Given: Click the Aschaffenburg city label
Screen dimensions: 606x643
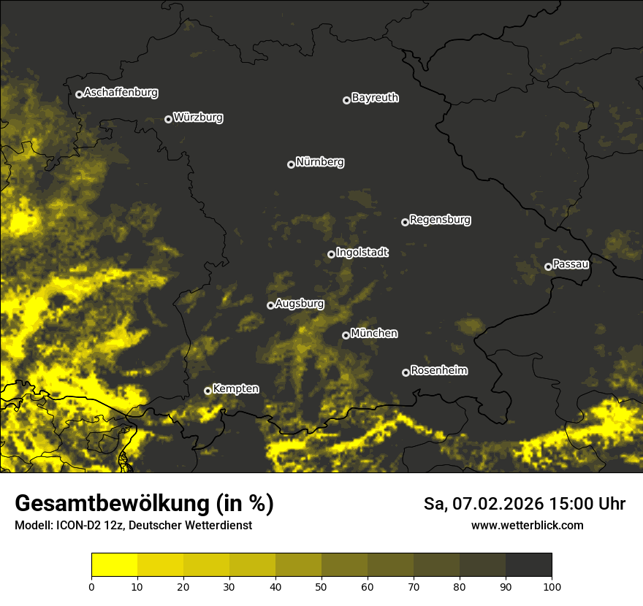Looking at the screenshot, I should pyautogui.click(x=121, y=93).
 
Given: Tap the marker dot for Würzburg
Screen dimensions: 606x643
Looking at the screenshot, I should pyautogui.click(x=168, y=119).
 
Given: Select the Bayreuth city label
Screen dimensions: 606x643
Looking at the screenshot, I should pyautogui.click(x=375, y=98).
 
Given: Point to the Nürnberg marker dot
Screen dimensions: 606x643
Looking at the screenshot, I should pyautogui.click(x=291, y=164).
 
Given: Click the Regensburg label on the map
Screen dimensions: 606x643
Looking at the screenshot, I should pyautogui.click(x=440, y=220).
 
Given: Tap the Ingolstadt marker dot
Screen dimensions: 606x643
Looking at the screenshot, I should pyautogui.click(x=331, y=254).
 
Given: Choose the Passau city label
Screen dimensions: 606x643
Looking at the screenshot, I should pyautogui.click(x=571, y=264).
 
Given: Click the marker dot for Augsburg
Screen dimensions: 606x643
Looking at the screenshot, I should pyautogui.click(x=270, y=305).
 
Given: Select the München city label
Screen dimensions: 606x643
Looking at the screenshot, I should pyautogui.click(x=374, y=334).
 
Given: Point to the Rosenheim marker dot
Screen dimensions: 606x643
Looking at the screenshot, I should pyautogui.click(x=406, y=372).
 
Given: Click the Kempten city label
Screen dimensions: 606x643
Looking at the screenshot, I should pyautogui.click(x=235, y=389).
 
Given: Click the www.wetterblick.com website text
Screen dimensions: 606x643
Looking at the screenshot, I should pyautogui.click(x=527, y=525).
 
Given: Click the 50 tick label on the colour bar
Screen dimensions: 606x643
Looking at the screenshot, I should pyautogui.click(x=321, y=586).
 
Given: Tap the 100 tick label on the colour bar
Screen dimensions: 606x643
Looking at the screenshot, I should pyautogui.click(x=552, y=586).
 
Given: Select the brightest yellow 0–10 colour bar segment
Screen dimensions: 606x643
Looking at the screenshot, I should pyautogui.click(x=114, y=565).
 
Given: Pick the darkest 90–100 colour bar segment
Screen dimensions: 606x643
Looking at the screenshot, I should pyautogui.click(x=528, y=565).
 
